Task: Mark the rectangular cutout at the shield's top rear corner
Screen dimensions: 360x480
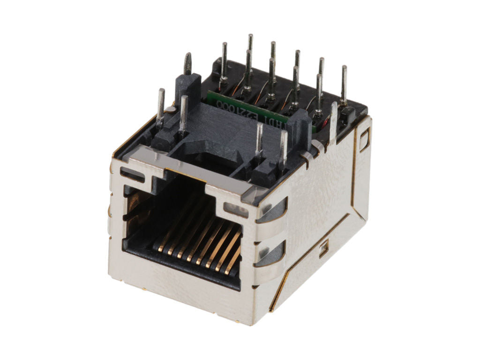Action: pyautogui.click(x=364, y=140)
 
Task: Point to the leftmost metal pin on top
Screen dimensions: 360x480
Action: pyautogui.click(x=161, y=105)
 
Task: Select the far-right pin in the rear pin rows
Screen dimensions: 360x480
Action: pyautogui.click(x=344, y=84)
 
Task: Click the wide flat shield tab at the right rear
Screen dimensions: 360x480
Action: pyautogui.click(x=333, y=122)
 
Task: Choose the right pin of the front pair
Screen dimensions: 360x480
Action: pyautogui.click(x=283, y=148)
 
